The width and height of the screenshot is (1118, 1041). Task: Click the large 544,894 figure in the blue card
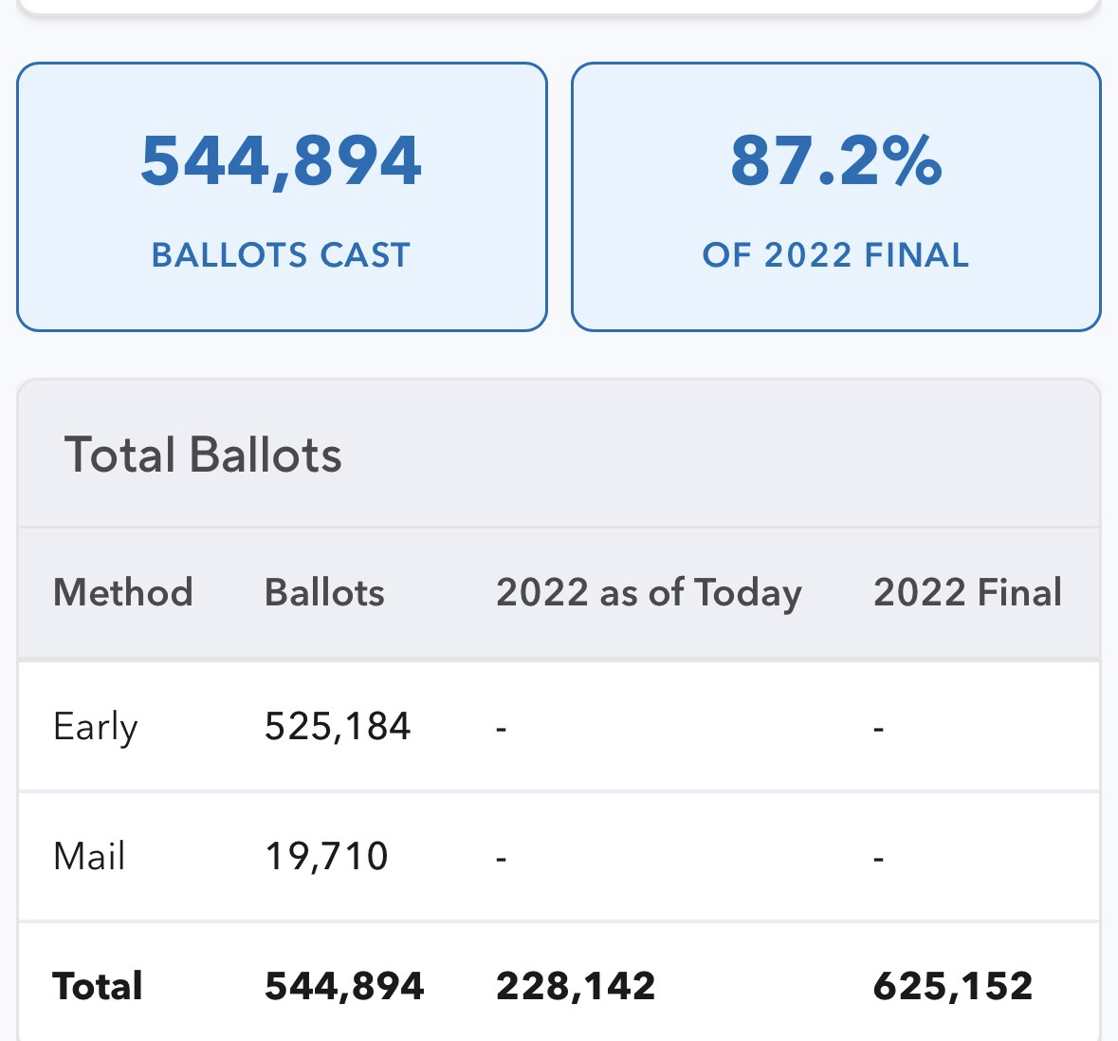(x=281, y=161)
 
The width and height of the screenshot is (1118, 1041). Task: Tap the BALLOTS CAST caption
(x=281, y=255)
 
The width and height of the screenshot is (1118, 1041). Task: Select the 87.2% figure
(x=835, y=161)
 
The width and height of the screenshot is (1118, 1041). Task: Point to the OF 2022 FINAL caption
(x=835, y=255)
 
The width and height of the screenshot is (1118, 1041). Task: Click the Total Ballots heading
(x=203, y=455)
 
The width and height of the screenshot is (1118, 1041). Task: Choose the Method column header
(x=123, y=593)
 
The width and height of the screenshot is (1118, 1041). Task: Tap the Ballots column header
(x=324, y=593)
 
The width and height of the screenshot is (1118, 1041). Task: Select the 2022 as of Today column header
(x=649, y=593)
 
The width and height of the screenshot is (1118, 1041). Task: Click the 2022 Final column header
(x=967, y=593)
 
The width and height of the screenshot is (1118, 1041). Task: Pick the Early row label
(x=96, y=728)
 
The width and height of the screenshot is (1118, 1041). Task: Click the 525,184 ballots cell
(x=338, y=728)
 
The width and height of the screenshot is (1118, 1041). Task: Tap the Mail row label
(x=89, y=857)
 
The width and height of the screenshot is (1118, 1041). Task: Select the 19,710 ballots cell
(x=326, y=857)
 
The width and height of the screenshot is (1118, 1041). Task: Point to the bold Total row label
(x=98, y=987)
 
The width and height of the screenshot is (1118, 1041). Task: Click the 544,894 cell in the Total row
(x=344, y=987)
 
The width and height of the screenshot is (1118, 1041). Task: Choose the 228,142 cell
(x=576, y=987)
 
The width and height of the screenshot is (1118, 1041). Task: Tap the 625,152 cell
(x=953, y=987)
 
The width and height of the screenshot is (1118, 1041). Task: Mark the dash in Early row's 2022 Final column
(x=879, y=729)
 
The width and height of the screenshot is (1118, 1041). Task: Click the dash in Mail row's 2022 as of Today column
(x=502, y=859)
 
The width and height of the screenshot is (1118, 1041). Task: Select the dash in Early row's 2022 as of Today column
(x=502, y=729)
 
